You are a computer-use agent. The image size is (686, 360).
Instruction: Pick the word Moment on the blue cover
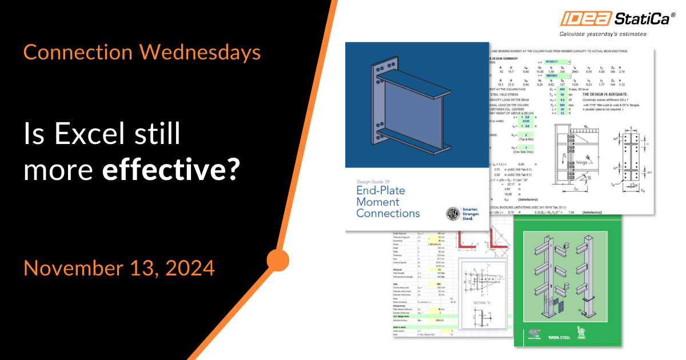pos(378,202)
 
